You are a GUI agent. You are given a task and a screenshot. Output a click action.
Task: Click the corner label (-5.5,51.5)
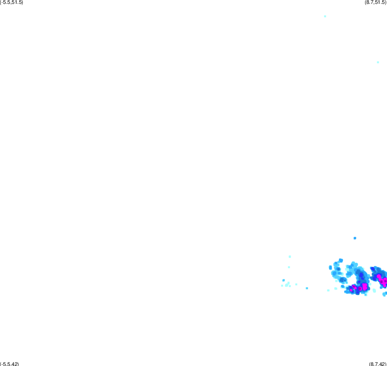click(x=12, y=3)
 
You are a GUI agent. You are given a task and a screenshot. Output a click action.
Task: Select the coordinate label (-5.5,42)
click(x=9, y=364)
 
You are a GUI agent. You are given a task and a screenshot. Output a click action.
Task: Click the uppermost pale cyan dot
click(x=325, y=16)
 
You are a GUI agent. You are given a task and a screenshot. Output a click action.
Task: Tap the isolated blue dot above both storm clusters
click(x=355, y=238)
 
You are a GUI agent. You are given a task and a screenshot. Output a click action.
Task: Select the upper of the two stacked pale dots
click(x=290, y=257)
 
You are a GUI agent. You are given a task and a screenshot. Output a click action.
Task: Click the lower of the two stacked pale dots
click(x=289, y=267)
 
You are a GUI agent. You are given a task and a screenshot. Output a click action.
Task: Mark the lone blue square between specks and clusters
click(x=307, y=288)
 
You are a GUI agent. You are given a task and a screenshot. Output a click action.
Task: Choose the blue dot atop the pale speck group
click(x=284, y=280)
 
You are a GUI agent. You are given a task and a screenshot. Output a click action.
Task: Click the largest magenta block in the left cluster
click(x=365, y=286)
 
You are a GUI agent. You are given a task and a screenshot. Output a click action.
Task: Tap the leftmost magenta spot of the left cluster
click(x=351, y=290)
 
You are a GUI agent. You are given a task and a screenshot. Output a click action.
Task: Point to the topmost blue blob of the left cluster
click(x=341, y=260)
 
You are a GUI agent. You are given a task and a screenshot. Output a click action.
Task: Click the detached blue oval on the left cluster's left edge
click(x=331, y=267)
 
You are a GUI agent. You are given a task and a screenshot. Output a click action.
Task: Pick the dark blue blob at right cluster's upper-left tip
click(x=372, y=268)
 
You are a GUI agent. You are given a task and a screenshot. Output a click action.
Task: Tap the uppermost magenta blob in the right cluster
click(x=378, y=276)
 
